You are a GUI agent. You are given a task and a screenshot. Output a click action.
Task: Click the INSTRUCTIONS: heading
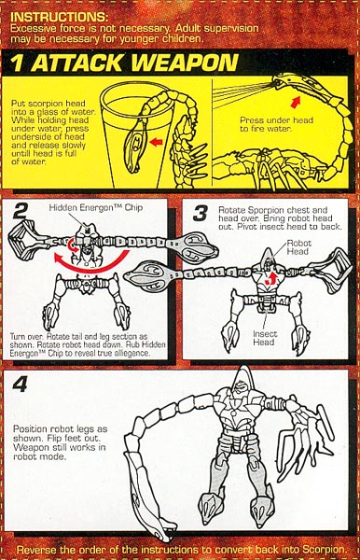pos(59,17)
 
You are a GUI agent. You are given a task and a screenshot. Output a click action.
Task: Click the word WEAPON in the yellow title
pos(185,63)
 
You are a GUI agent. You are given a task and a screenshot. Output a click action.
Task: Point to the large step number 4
pos(20,385)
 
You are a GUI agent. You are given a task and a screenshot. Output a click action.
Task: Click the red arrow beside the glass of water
pos(156,142)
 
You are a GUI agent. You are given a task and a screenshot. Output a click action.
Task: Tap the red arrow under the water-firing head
pos(296,102)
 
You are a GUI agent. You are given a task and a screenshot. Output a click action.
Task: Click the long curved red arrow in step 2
pos(91,263)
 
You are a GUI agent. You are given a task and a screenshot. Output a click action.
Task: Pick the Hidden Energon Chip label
pos(96,207)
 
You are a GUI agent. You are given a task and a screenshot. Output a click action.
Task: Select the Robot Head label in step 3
pos(299,247)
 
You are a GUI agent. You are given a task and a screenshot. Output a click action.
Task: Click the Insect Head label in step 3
pos(264,338)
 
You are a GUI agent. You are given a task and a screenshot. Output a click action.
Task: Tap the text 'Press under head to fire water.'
pos(276,124)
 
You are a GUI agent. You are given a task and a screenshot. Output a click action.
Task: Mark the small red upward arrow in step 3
pos(272,277)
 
